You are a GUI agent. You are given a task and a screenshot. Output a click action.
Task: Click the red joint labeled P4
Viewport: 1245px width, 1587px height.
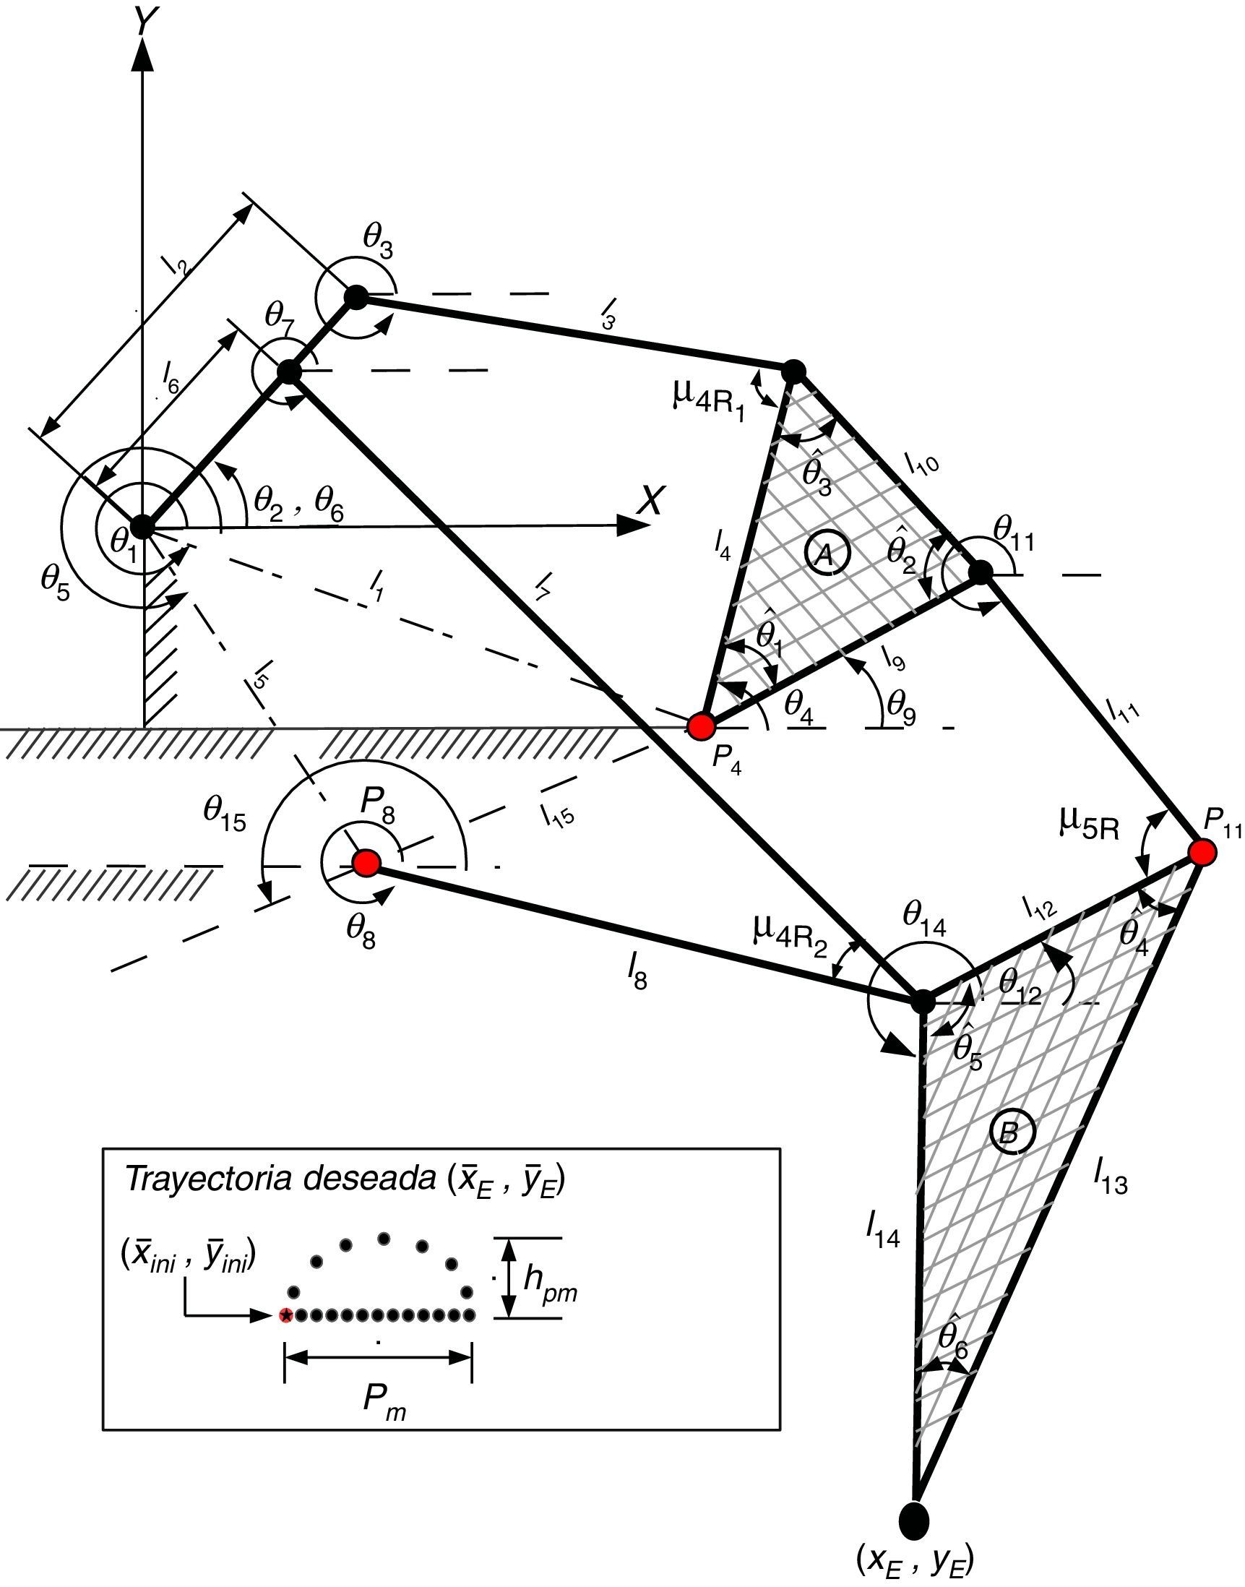pyautogui.click(x=701, y=726)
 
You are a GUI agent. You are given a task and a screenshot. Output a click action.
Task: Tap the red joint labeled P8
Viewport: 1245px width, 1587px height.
pyautogui.click(x=366, y=862)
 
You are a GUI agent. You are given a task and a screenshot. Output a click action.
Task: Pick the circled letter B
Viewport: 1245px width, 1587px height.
pyautogui.click(x=1009, y=1132)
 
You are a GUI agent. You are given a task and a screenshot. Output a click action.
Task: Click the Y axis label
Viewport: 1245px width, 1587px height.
pyautogui.click(x=143, y=24)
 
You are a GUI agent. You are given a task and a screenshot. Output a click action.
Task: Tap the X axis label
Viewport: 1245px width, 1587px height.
pyautogui.click(x=650, y=502)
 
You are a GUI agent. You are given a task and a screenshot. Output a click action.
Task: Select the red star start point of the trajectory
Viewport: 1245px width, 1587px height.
pyautogui.click(x=286, y=1315)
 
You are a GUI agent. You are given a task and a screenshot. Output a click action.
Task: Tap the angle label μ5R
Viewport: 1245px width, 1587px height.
pyautogui.click(x=1088, y=823)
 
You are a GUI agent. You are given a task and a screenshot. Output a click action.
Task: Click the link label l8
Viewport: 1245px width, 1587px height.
pyautogui.click(x=637, y=976)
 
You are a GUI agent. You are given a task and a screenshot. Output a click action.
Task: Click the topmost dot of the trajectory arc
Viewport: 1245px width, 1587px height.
pyautogui.click(x=384, y=1238)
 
